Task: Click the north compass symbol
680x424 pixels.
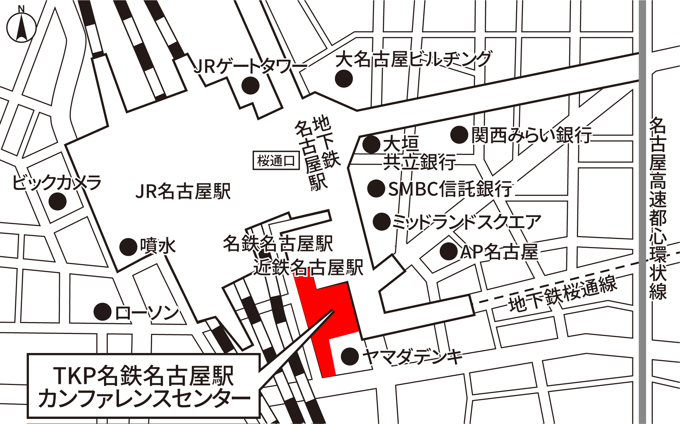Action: point(21,27)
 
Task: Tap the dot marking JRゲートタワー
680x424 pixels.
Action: point(250,85)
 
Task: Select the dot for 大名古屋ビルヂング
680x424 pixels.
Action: point(344,78)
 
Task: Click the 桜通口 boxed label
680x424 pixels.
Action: point(276,161)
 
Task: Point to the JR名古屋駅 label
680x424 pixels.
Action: point(183,191)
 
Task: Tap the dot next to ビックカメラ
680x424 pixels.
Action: point(57,201)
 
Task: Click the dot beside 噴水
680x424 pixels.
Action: point(128,247)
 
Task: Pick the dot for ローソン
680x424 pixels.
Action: point(102,312)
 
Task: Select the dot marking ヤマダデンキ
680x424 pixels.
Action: point(350,356)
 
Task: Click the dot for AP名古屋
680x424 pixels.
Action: point(448,252)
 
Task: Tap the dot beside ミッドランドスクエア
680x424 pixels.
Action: point(381,222)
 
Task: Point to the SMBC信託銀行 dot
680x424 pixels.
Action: point(376,188)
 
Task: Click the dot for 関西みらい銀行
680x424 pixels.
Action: point(459,135)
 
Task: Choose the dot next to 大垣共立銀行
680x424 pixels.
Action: point(371,144)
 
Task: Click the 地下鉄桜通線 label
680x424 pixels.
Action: point(563,294)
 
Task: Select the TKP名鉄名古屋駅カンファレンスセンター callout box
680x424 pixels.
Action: point(143,386)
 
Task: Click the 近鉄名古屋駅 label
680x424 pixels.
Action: point(308,267)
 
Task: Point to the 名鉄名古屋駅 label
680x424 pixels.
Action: point(278,243)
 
